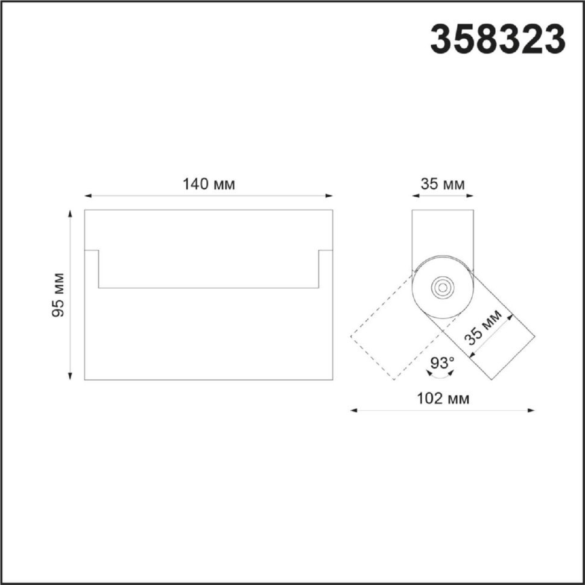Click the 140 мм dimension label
coord(209,185)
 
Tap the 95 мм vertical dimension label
coord(58,295)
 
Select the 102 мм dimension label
coord(443,399)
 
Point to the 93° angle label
coord(442,362)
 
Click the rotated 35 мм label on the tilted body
coord(485,327)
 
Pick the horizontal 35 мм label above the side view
coord(443,185)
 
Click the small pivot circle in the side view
coord(443,288)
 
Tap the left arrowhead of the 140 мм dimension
coord(89,195)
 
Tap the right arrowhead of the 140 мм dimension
coord(329,195)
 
